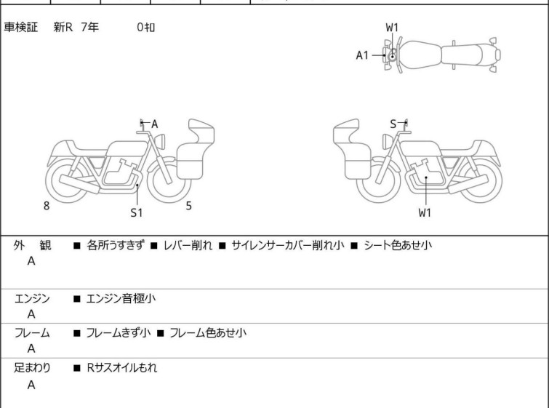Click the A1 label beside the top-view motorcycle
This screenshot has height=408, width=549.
pos(362,55)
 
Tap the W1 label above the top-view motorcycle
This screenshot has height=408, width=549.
pos(392,28)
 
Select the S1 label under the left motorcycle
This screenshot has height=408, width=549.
pos(137,212)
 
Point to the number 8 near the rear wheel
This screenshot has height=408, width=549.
pos(47,206)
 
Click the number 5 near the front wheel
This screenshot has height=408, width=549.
pos(189,206)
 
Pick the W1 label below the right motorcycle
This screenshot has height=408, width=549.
pos(425,212)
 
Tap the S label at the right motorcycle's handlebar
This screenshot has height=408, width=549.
pos(393,124)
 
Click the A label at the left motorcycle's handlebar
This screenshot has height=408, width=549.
pos(154,124)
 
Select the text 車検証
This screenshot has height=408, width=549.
pos(20,28)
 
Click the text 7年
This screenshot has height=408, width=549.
pos(90,28)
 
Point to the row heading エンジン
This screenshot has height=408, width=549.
pos(32,299)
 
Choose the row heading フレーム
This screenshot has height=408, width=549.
pos(32,333)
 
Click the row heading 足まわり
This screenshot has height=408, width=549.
pos(32,368)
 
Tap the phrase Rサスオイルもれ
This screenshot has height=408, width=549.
pos(122,368)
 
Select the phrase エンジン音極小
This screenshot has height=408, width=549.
pos(121,299)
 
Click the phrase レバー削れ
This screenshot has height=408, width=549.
pos(188,245)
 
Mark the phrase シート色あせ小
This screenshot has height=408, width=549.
pos(398,245)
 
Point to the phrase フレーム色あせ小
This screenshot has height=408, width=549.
pos(208,333)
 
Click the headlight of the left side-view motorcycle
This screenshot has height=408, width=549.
pos(161,141)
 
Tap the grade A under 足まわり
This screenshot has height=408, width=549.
pos(31,385)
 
